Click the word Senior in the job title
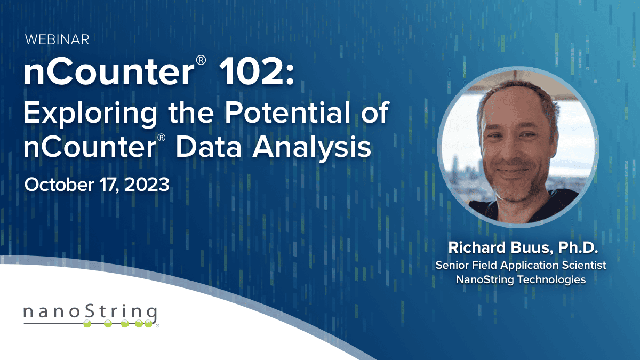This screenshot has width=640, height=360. [450, 265]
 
